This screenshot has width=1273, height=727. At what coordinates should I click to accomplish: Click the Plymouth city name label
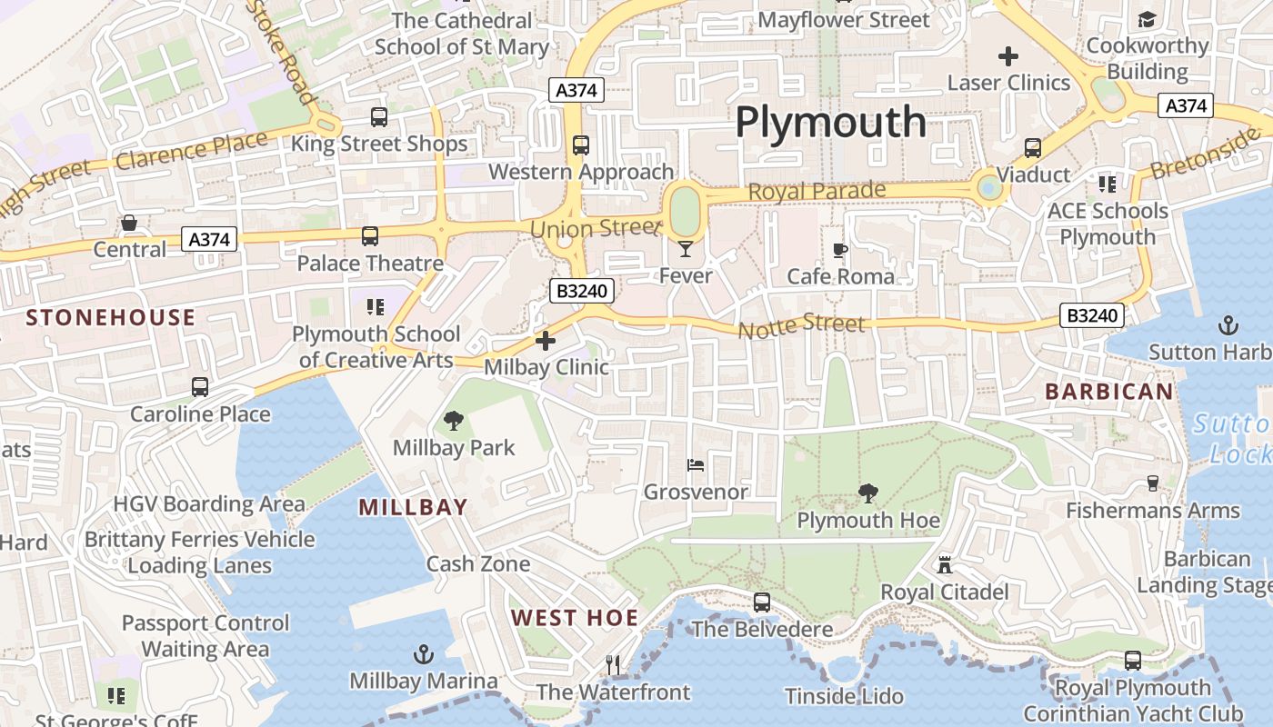click(x=830, y=122)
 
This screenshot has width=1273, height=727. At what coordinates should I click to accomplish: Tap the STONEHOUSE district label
click(x=111, y=317)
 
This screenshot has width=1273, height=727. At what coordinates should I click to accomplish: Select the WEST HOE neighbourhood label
click(x=575, y=618)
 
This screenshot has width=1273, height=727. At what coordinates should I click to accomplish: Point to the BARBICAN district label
click(x=1108, y=392)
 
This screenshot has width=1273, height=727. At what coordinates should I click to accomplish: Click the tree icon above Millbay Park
click(x=453, y=421)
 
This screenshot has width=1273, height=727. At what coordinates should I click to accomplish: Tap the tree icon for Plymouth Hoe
click(x=868, y=493)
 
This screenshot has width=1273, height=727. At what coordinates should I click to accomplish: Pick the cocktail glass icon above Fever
click(x=686, y=248)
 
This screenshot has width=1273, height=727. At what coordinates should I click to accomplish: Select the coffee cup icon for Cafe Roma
click(x=840, y=249)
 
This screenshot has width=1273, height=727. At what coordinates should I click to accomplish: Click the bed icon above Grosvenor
click(x=696, y=465)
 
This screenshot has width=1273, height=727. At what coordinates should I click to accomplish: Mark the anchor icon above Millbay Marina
click(x=423, y=654)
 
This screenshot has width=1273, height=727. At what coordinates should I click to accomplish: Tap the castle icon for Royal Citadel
click(x=945, y=565)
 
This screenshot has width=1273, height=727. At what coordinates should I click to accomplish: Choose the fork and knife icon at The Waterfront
click(x=613, y=665)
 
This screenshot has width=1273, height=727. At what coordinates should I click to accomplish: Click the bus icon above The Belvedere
click(x=762, y=603)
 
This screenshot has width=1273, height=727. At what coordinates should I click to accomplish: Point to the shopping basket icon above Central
click(x=129, y=223)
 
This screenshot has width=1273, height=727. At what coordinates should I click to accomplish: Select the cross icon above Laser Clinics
click(x=1008, y=56)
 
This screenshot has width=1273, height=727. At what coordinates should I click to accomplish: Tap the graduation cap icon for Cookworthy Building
click(x=1147, y=19)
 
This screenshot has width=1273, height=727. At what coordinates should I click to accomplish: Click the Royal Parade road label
click(x=817, y=192)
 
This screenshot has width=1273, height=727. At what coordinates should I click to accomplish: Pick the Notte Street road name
click(x=801, y=325)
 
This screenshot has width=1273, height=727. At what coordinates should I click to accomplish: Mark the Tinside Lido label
click(x=845, y=697)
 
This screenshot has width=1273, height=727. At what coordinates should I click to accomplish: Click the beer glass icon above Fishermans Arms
click(x=1153, y=483)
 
